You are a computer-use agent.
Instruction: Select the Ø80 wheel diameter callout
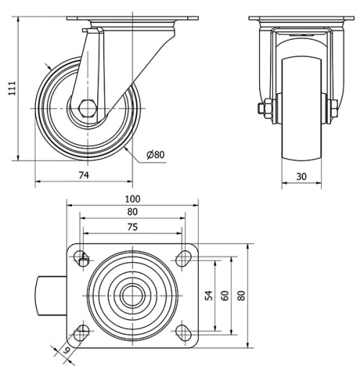point(156,154)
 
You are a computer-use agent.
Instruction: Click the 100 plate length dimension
point(132,199)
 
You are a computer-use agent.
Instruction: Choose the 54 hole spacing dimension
point(209,296)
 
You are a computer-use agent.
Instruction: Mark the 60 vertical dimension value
point(225,296)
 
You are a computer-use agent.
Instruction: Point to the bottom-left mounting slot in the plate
point(82,332)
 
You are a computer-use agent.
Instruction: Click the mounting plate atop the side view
point(120,19)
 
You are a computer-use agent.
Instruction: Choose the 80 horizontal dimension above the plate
point(132,212)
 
